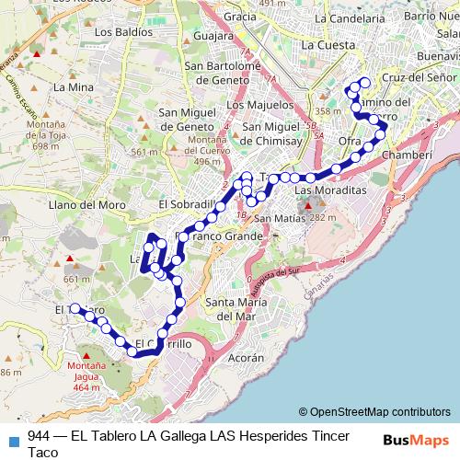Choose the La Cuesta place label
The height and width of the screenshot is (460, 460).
point(328,44)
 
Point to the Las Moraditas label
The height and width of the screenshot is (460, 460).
point(330,188)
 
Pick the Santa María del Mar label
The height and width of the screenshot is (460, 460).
point(237,308)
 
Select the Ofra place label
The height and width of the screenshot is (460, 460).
point(350,141)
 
